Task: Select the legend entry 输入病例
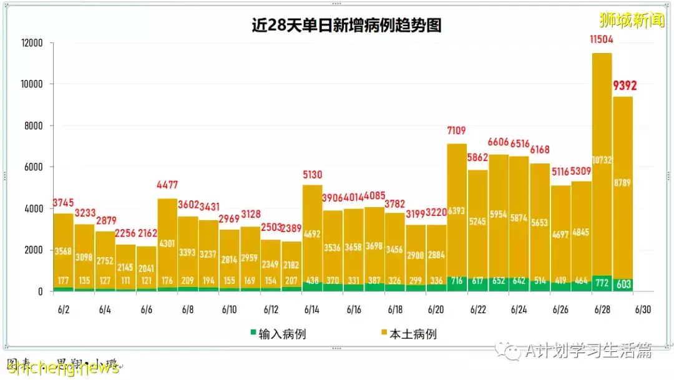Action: point(279,334)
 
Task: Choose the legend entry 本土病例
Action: point(407,334)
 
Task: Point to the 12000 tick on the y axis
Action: point(31,43)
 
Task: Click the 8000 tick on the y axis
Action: point(32,126)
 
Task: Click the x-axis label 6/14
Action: point(311,309)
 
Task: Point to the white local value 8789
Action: point(623,184)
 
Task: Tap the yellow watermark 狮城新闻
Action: point(632,21)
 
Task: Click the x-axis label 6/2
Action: point(64,309)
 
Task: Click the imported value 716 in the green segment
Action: point(457,281)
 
